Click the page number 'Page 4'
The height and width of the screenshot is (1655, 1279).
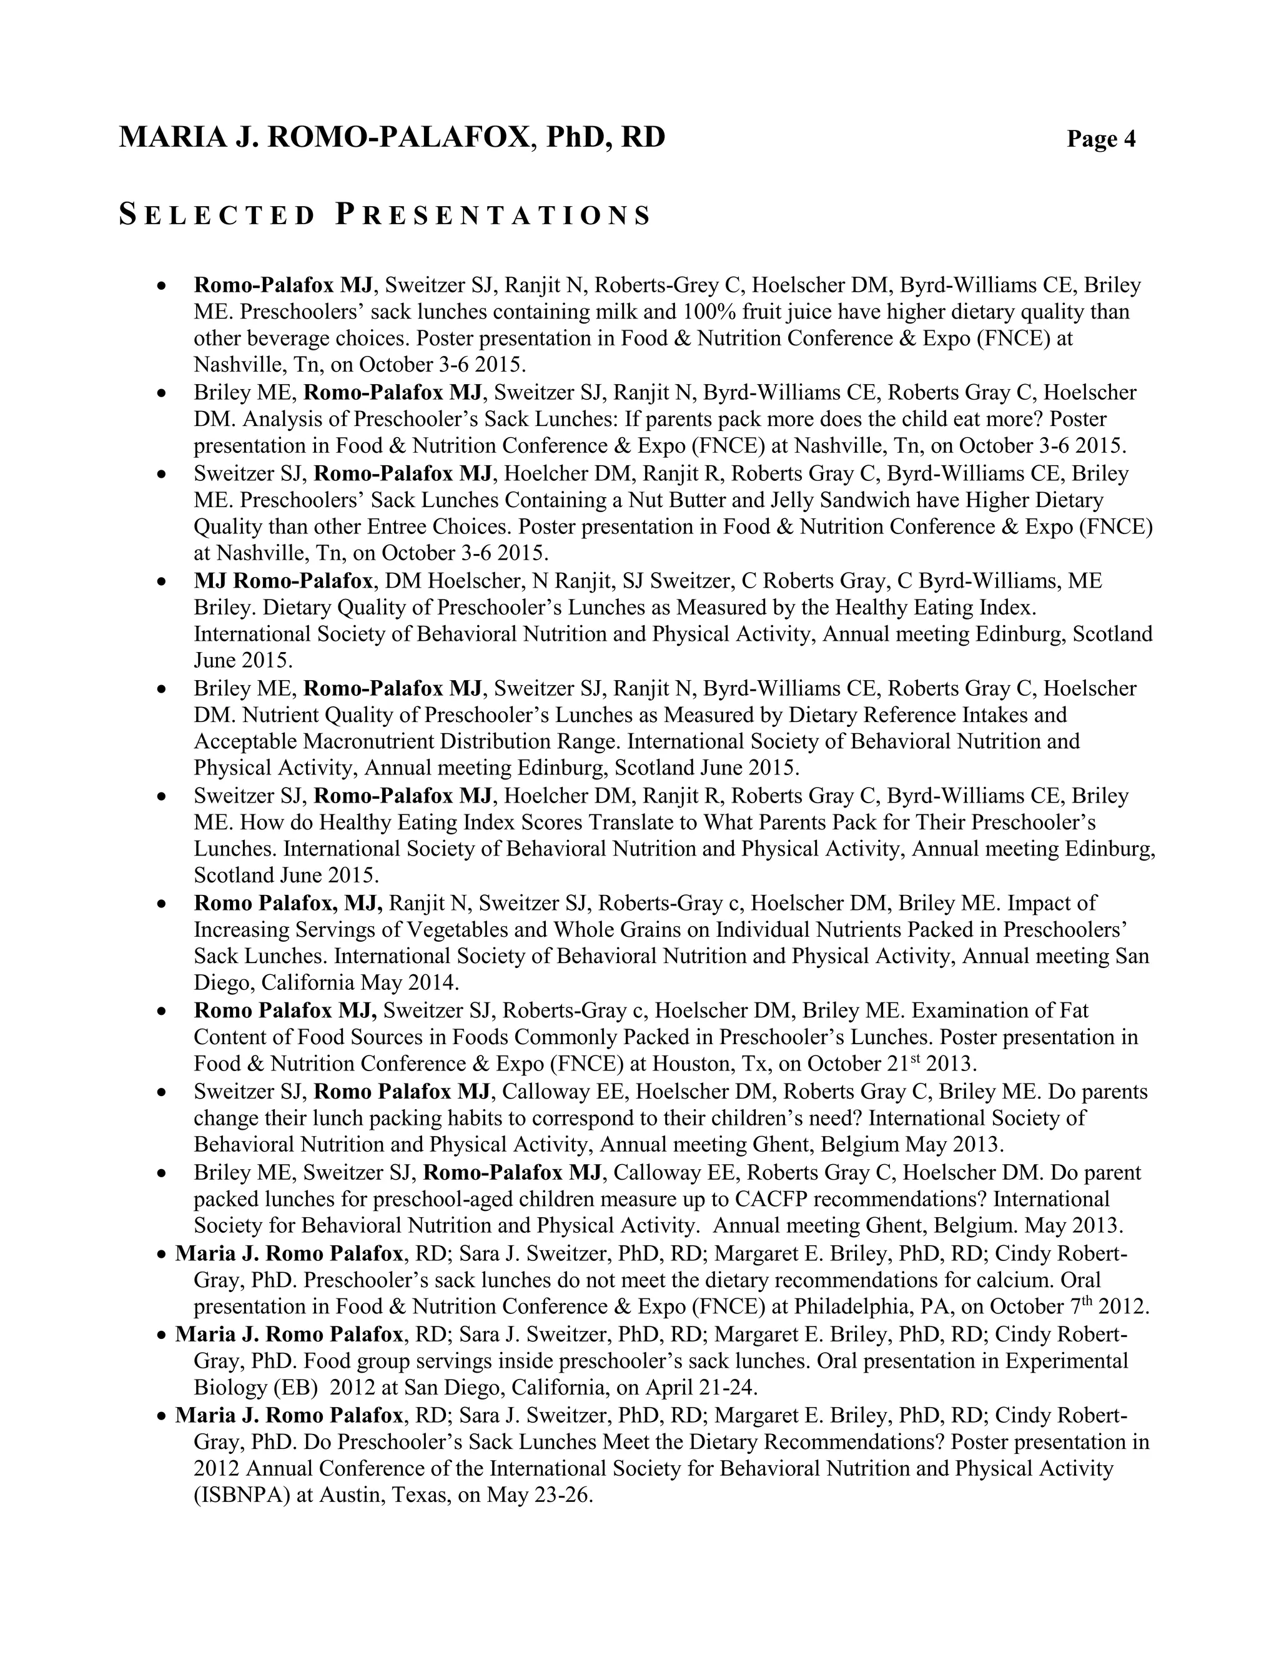pyautogui.click(x=1101, y=139)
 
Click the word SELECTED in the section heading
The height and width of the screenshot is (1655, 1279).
pyautogui.click(x=217, y=216)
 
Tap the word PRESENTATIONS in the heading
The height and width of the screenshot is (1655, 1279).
pyautogui.click(x=493, y=216)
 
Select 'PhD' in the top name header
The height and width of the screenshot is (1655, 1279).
pyautogui.click(x=575, y=137)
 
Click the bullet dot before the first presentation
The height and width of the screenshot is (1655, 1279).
pyautogui.click(x=160, y=287)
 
